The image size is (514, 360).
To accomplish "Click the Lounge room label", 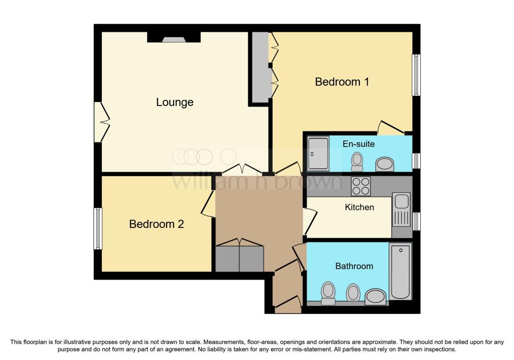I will point(175,102).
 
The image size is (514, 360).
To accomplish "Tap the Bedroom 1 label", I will point(342,81).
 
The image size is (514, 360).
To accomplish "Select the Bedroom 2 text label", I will point(156,224).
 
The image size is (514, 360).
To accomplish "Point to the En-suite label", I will point(358,144).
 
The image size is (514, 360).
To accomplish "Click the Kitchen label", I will point(359,207).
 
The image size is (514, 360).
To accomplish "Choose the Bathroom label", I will point(354,266).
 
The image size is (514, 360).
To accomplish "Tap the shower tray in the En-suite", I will point(318,153).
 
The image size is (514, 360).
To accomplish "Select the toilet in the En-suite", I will point(357,160).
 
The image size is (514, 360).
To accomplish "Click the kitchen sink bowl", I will point(402,201).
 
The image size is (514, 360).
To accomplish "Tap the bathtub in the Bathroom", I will point(400,271).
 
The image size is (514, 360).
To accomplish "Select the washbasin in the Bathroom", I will point(375,296).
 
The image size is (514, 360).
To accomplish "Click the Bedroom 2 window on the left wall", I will point(98,228).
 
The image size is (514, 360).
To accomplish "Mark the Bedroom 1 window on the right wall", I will point(416,75).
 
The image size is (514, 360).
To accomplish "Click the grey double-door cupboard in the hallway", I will point(239,257).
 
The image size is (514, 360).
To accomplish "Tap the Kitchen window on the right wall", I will point(416,221).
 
